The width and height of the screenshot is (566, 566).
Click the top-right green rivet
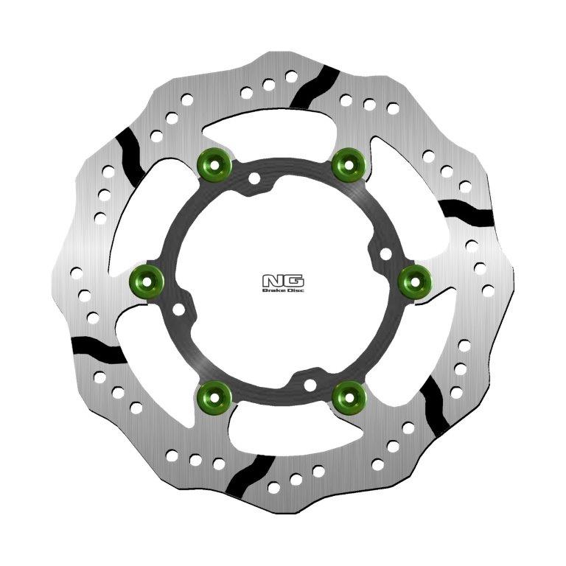pos(349,163)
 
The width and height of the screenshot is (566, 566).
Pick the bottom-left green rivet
pos(216,396)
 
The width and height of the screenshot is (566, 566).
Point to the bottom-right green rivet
pos(348,396)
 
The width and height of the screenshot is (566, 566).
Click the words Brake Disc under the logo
pos(283,290)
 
